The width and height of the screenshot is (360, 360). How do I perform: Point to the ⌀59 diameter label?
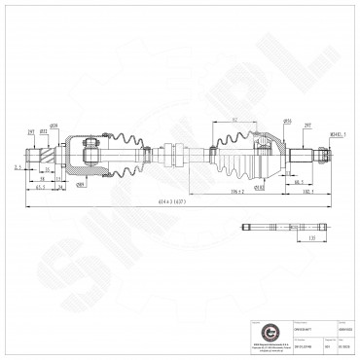pos(82,124)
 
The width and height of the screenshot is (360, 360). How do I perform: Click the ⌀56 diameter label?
pos(288,124)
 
